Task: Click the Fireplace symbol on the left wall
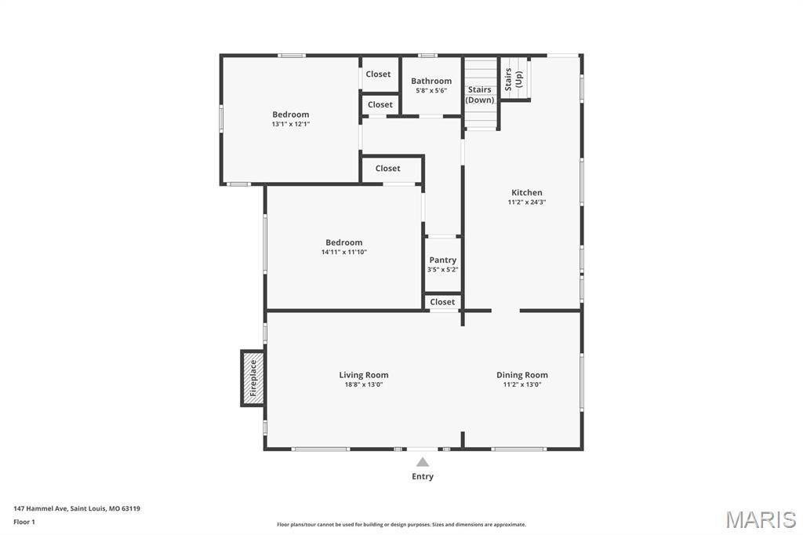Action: tap(253, 378)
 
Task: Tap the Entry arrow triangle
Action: tap(423, 462)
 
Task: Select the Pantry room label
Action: tap(442, 260)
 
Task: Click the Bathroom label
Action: tap(431, 81)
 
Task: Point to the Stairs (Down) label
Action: tap(480, 95)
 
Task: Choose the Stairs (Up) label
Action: tap(514, 79)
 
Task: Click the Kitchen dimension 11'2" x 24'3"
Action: tap(526, 202)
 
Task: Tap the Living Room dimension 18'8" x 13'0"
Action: tap(364, 384)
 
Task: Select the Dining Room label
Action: tap(522, 375)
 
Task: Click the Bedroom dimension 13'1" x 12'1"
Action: tap(290, 124)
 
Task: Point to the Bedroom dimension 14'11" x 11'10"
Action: tap(343, 252)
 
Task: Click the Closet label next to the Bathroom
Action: tap(378, 75)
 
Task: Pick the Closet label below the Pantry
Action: tap(442, 302)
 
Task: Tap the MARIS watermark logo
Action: tap(761, 519)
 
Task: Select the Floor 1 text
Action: tap(24, 522)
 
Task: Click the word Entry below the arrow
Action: tap(423, 476)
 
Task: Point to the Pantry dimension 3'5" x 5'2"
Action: tap(442, 270)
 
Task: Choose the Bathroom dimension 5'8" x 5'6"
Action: tap(431, 90)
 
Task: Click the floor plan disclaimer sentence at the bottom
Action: tap(401, 525)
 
